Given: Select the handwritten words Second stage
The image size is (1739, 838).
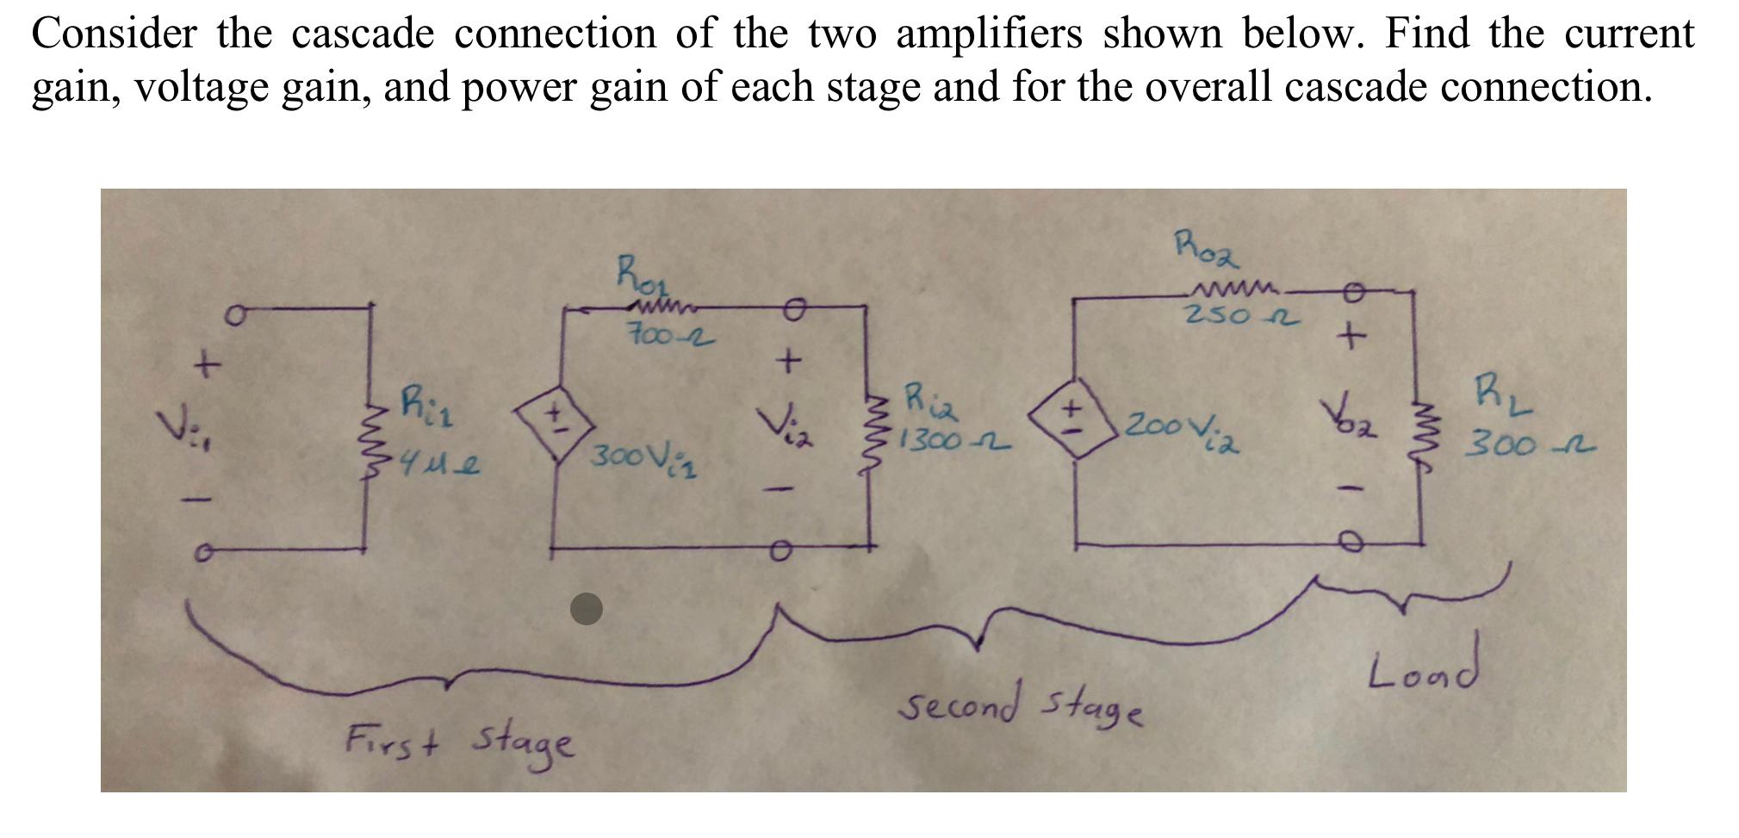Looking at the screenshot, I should click(x=1021, y=704).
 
